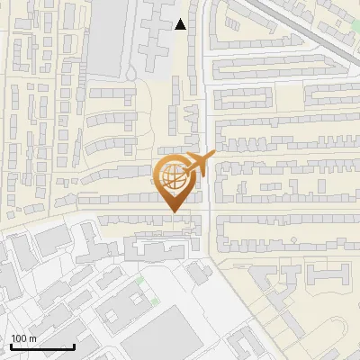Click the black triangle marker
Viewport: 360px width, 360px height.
point(181,24)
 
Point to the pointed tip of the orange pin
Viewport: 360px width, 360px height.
point(172,211)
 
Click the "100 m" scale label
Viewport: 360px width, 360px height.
point(23,338)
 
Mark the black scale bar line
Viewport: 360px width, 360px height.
point(42,346)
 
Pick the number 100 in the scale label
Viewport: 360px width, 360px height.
point(19,338)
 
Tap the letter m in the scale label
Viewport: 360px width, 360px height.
point(32,338)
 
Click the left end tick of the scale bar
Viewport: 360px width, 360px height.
point(12,345)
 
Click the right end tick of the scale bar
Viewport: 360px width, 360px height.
point(74,345)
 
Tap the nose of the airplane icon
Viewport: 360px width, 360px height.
point(213,158)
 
